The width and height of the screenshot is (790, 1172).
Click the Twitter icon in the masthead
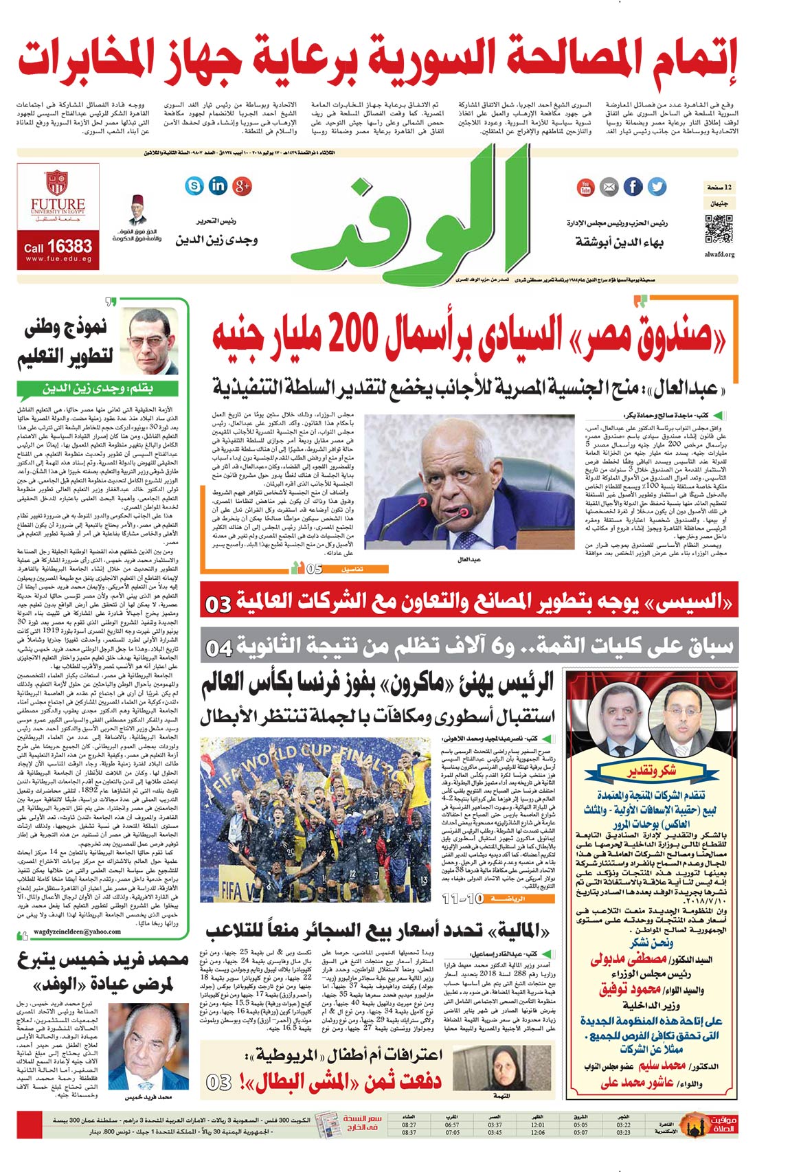(657, 187)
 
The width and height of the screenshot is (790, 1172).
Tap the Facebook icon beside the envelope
(633, 187)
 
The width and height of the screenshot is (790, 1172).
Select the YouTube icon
(585, 187)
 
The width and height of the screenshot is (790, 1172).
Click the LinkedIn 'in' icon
(218, 185)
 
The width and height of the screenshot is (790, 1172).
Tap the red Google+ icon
(242, 185)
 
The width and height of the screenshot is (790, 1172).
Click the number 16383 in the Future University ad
(69, 247)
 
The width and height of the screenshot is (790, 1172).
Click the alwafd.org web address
(719, 254)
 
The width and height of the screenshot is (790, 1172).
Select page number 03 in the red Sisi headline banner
(219, 604)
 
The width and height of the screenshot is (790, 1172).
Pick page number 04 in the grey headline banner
(220, 647)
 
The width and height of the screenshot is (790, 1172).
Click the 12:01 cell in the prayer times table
(538, 1124)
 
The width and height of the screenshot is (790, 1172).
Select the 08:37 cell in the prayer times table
(409, 1132)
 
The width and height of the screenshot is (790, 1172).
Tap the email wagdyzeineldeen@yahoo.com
(77, 932)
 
